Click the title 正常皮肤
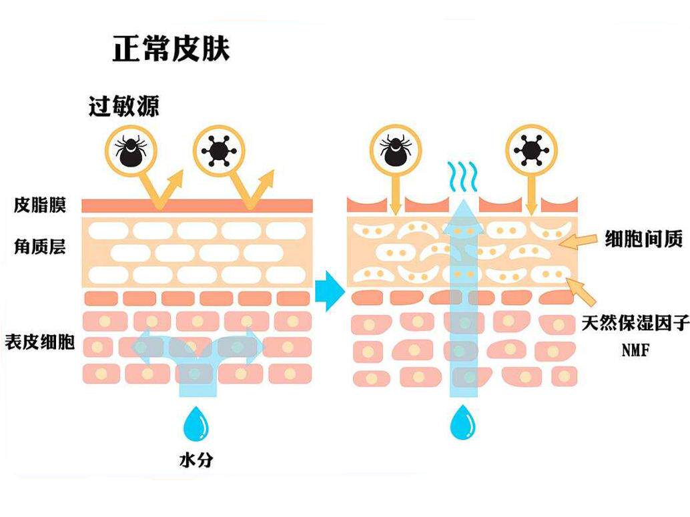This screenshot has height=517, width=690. click(x=171, y=49)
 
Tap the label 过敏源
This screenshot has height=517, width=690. click(x=124, y=106)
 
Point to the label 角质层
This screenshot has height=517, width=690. click(x=40, y=247)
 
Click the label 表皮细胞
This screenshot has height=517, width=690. click(x=39, y=343)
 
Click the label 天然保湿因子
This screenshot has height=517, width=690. click(x=634, y=325)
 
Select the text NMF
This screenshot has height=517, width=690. click(x=635, y=350)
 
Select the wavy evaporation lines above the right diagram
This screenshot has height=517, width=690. click(x=462, y=175)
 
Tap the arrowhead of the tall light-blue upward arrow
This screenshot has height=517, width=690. click(x=462, y=204)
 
